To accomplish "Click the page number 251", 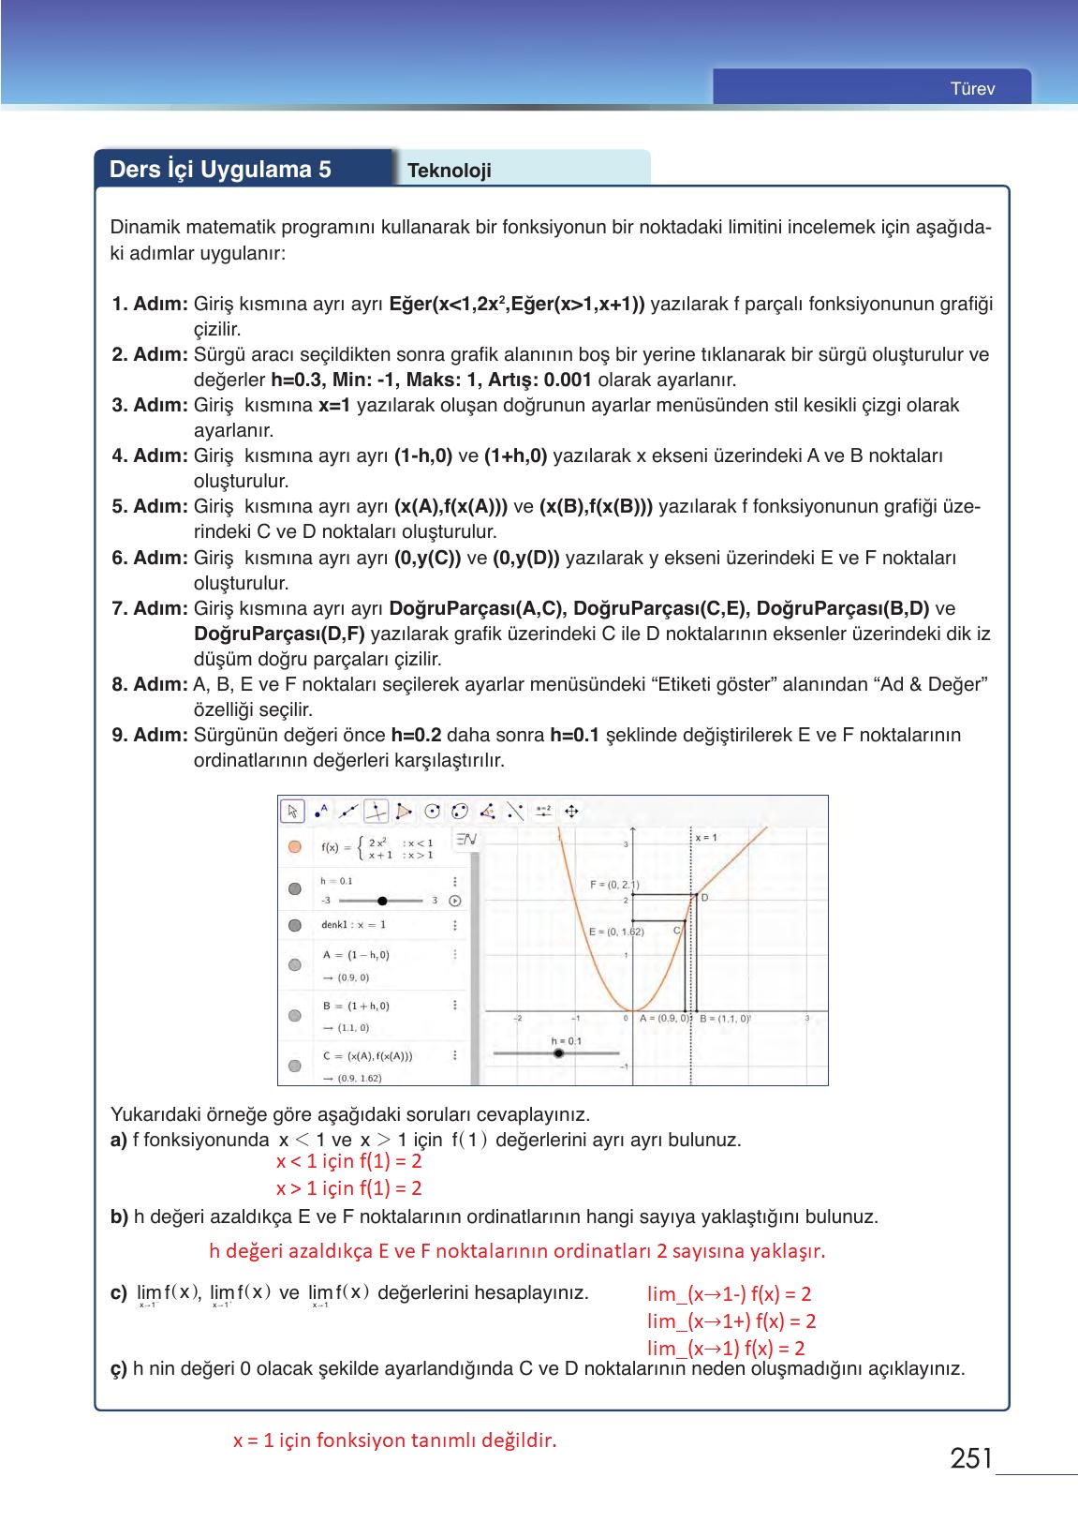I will [x=970, y=1458].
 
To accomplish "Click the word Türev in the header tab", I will [x=972, y=89].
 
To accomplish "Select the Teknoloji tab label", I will [x=450, y=171].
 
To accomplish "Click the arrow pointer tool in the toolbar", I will [x=293, y=811].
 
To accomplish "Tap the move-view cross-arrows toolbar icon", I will [x=571, y=811].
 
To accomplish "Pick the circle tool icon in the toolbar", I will [x=432, y=811].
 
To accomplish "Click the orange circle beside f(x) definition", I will [x=295, y=846].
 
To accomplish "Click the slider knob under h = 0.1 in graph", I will [x=558, y=1053].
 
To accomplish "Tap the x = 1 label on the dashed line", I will [x=706, y=837].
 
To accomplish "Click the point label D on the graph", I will [x=704, y=897].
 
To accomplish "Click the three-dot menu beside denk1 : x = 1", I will [x=455, y=925].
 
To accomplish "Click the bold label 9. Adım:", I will [x=150, y=735].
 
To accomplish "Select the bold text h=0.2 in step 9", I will [x=416, y=735].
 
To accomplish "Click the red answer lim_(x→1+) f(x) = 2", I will [x=731, y=1321].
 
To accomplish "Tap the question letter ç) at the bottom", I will [x=119, y=1368].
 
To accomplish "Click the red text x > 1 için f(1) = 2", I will [x=348, y=1188].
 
